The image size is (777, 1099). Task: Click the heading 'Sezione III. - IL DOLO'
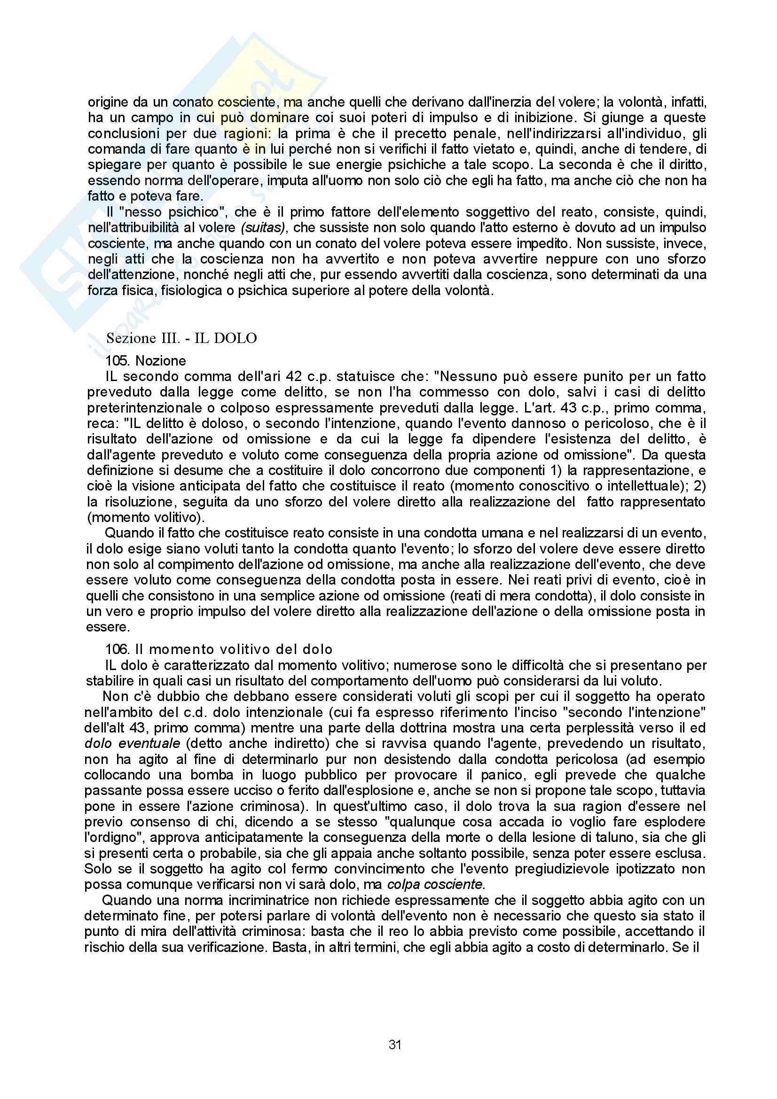tap(181, 338)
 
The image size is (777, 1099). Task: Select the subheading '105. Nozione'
tap(146, 360)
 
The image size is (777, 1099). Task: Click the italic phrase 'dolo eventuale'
tap(132, 744)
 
